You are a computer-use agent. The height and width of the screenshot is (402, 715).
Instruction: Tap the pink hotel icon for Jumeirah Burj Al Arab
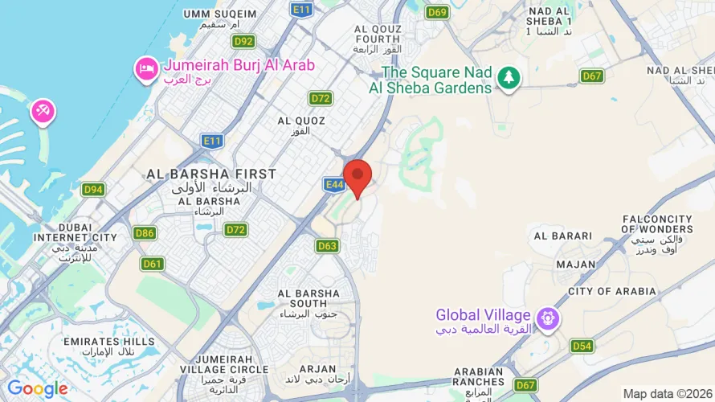tap(146, 68)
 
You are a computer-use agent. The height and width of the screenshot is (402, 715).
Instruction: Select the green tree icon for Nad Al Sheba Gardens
tap(508, 78)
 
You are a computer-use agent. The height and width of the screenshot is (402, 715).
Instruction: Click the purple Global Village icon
tap(549, 318)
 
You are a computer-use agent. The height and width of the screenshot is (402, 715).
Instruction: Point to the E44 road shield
tap(334, 185)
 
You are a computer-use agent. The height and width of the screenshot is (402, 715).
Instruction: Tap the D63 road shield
tap(327, 246)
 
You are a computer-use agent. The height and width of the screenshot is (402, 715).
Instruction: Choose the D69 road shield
tap(438, 12)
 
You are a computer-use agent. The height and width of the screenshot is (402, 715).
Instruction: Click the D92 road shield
tap(243, 41)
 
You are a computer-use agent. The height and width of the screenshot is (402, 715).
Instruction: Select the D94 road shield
tap(93, 190)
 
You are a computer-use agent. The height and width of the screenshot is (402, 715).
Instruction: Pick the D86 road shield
tap(145, 234)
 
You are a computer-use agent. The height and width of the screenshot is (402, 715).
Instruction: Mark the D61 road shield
tap(152, 264)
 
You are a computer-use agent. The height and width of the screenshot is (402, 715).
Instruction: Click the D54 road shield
tap(582, 346)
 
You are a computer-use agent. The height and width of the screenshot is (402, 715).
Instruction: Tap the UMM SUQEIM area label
tap(220, 14)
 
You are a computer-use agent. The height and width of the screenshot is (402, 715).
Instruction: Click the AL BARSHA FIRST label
tap(211, 174)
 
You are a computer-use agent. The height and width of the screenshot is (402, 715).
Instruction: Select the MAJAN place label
tap(576, 264)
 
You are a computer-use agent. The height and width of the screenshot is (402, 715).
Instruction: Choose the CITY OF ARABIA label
tap(611, 291)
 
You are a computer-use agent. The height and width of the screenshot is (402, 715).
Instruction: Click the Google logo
tap(37, 389)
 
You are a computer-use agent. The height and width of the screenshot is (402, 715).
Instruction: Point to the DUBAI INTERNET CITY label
tap(75, 232)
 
